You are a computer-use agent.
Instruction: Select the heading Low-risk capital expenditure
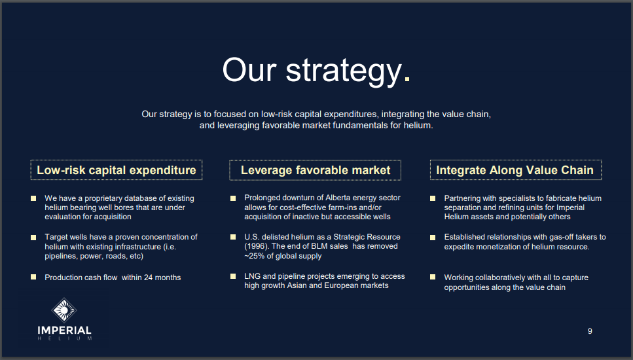point(117,170)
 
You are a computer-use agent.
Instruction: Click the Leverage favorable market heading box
point(316,170)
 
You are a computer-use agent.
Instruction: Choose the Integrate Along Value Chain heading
point(516,170)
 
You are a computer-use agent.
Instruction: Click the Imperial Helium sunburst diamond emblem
point(64,310)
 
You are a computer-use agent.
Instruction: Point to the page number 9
point(590,331)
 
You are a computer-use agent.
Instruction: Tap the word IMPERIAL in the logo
point(65,330)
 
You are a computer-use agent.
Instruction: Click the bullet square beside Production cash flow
point(33,278)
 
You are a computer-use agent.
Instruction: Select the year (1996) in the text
point(255,246)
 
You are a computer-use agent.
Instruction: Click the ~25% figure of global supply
point(255,256)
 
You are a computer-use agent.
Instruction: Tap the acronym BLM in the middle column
point(319,246)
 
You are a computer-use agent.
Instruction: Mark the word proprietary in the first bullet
point(103,198)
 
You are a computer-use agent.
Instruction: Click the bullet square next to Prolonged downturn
point(233,198)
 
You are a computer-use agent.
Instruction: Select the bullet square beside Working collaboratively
point(433,278)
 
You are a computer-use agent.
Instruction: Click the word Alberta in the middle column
point(338,198)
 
